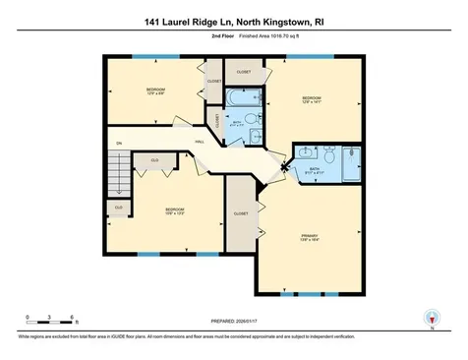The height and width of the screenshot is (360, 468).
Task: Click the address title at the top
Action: point(233,21)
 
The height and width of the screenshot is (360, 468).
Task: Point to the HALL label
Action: point(200,143)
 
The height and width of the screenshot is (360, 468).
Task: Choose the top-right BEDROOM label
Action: point(311,98)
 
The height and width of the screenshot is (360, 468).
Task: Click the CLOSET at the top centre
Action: point(244,72)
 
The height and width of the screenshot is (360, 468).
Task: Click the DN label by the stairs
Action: point(118,144)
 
